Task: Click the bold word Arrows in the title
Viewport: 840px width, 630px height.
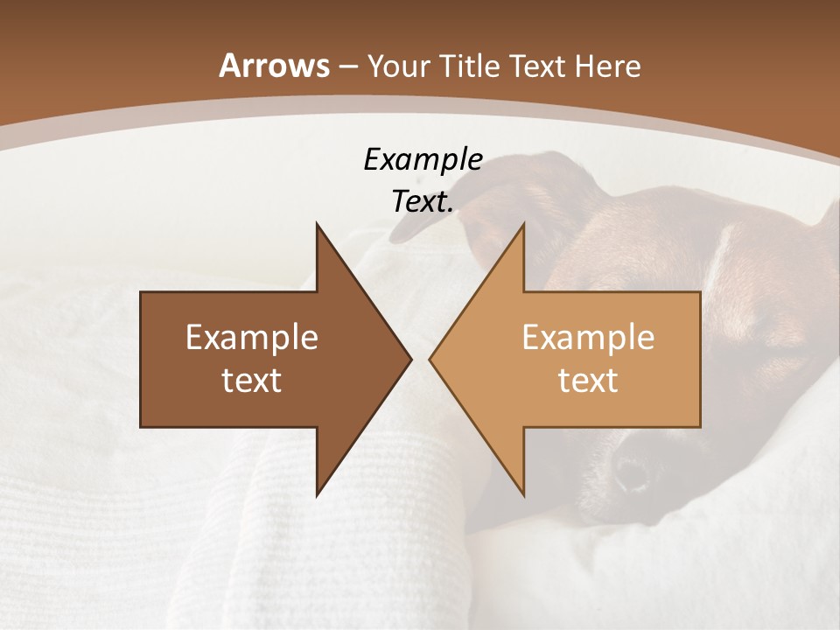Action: (274, 66)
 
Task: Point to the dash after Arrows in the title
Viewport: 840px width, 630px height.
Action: (348, 67)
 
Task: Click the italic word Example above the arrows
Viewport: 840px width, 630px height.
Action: (423, 160)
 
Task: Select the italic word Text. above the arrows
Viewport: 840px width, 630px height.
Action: (423, 202)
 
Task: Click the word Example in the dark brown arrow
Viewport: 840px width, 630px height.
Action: (252, 337)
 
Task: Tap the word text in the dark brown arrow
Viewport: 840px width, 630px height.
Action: (252, 381)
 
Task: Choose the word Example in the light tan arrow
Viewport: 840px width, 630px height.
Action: (588, 337)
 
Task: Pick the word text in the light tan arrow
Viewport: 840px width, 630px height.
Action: (588, 381)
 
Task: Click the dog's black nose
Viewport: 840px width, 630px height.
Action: (632, 473)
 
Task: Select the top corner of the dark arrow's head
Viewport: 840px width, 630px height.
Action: (317, 224)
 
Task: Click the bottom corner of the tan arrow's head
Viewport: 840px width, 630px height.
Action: (523, 495)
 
